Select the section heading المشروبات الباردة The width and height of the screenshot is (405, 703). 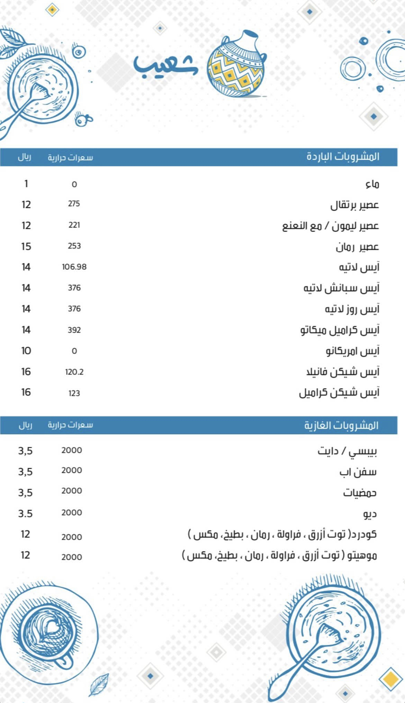coord(343,157)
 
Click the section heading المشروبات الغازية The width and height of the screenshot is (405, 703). coord(341,425)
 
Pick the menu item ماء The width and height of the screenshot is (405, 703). coord(372,184)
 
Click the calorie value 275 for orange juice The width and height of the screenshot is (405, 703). coord(74,204)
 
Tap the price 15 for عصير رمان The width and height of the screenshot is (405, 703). coord(26,247)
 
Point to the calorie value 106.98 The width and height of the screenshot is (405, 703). coord(74,267)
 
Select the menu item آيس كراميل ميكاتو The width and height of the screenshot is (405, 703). coord(340,330)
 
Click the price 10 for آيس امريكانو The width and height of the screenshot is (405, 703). coord(26,351)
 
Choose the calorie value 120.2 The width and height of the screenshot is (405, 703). coord(74,372)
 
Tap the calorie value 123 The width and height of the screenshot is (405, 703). coord(74,393)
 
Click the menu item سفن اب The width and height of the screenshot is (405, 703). coord(358,472)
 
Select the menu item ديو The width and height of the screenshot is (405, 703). coord(370,514)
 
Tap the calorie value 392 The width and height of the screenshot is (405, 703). coord(74,330)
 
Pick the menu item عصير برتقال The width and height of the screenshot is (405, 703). coord(354,205)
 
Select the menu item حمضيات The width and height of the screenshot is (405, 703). coord(360,493)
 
